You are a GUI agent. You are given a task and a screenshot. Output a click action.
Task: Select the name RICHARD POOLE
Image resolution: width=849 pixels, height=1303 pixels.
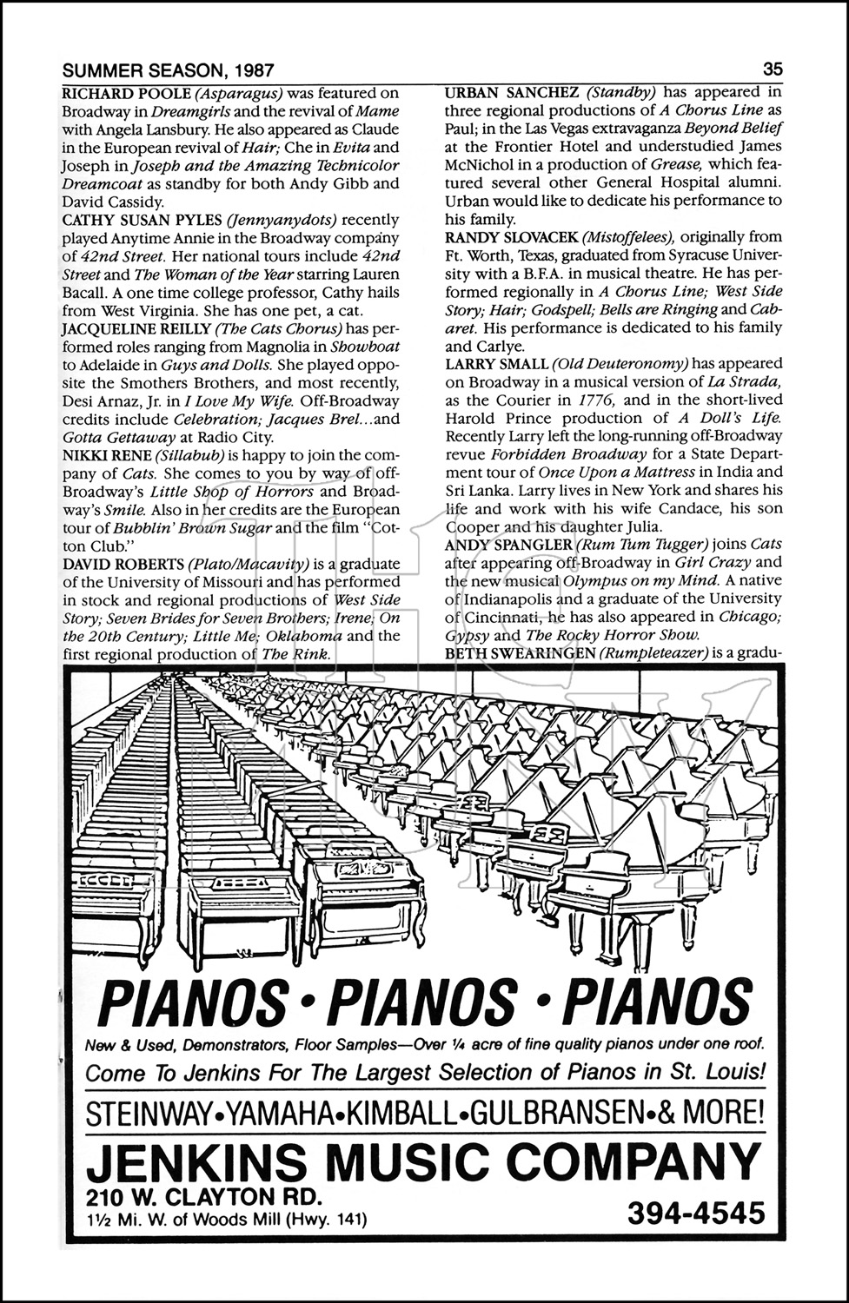tap(116, 93)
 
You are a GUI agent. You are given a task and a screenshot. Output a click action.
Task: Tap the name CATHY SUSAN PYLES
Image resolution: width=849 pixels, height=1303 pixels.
tap(142, 220)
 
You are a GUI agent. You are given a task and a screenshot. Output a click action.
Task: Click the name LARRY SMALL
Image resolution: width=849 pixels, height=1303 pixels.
tap(496, 364)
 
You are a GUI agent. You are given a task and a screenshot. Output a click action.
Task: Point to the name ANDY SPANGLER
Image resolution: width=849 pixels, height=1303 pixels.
tap(508, 545)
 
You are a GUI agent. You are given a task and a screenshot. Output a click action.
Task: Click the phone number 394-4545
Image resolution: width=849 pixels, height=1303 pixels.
tap(695, 1213)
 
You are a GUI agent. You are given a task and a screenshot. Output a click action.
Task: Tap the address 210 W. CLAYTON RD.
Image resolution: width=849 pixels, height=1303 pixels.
tap(199, 1195)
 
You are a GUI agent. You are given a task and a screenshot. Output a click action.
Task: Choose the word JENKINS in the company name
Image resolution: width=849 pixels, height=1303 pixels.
tap(196, 1159)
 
